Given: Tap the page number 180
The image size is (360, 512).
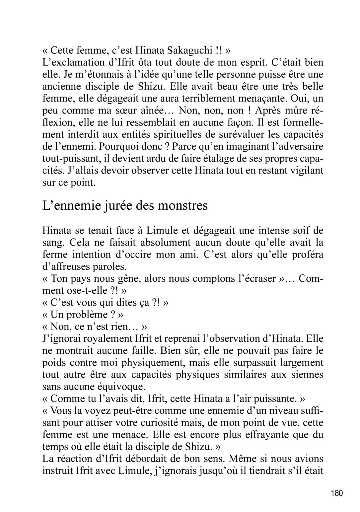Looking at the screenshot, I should pyautogui.click(x=337, y=493).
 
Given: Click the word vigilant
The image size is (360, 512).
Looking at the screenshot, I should pyautogui.click(x=305, y=171).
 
